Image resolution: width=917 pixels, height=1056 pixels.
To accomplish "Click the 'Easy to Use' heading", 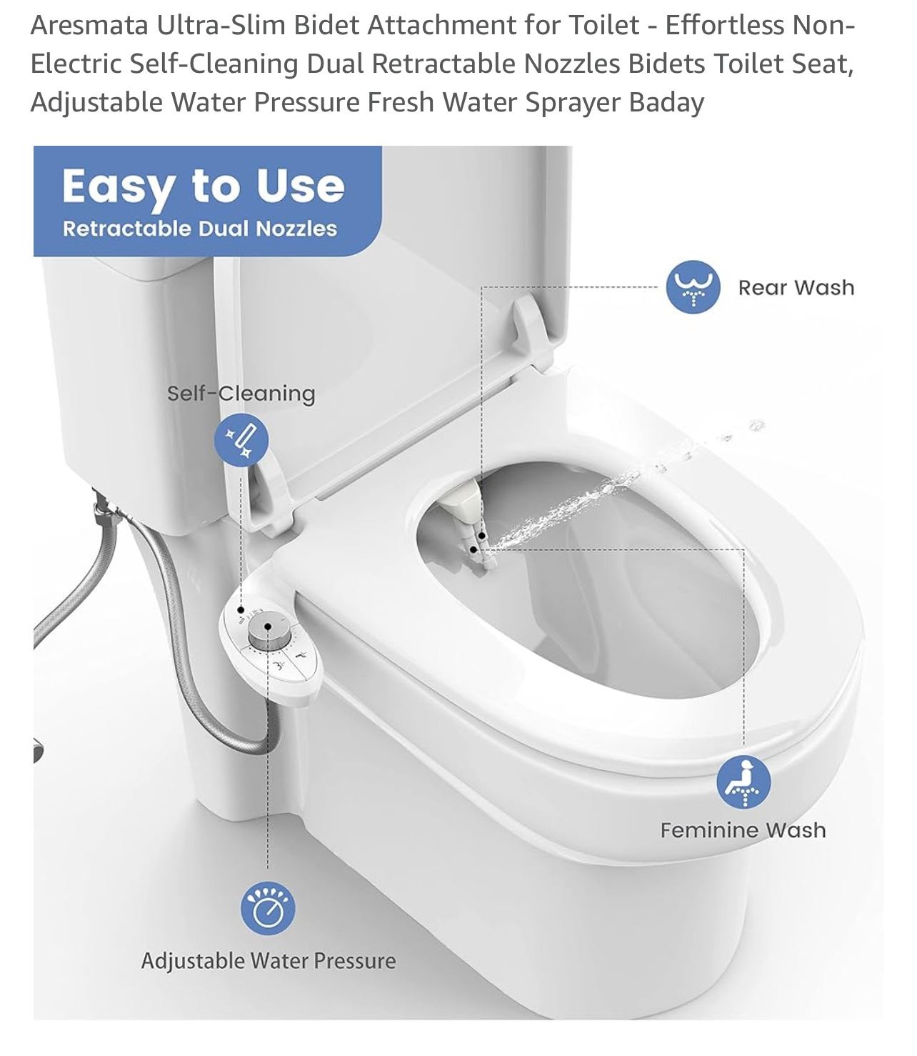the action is coord(204,187).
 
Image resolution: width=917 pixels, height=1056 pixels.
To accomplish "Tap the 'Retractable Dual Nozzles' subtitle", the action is coord(199,229).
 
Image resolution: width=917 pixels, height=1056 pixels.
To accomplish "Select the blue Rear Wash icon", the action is coord(693,287).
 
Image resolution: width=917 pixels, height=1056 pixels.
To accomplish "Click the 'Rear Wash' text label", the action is coord(796,287).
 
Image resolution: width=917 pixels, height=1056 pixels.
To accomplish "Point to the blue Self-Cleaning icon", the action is coord(241,439).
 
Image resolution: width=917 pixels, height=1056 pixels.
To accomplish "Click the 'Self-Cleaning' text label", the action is coord(241,394).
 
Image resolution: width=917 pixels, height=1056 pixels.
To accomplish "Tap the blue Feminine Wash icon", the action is coord(743,782).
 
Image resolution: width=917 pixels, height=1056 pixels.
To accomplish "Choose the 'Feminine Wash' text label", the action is coord(743,830).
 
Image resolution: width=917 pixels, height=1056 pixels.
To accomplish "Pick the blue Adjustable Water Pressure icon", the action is coord(268,908).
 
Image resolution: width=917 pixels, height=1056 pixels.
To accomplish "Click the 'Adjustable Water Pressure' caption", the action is coord(269,961).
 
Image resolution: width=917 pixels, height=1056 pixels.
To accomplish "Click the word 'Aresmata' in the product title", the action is coord(89,25).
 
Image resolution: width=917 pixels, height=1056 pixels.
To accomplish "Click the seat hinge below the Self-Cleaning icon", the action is coord(269,495).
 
